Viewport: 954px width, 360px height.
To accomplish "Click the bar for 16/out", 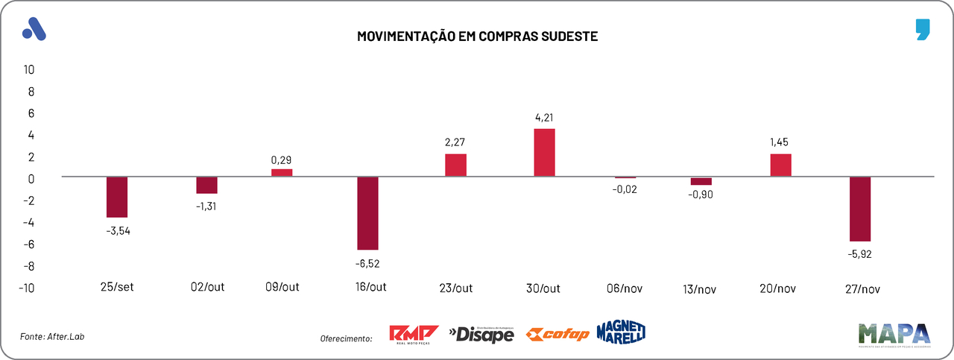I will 367,213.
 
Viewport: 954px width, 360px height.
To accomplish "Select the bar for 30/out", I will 545,153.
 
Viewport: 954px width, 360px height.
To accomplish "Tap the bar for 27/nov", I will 859,209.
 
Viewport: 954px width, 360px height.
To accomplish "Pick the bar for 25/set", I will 117,197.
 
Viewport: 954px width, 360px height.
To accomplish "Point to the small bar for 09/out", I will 282,173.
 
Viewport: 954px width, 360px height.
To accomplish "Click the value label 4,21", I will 545,117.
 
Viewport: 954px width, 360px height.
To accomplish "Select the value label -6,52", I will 367,262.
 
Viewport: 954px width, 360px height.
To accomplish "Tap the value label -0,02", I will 625,189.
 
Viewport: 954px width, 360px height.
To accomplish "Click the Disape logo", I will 481,335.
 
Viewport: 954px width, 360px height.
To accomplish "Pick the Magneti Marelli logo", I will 621,332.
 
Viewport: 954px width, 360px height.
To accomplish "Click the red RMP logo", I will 414,335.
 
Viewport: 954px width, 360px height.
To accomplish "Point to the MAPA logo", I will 894,335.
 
